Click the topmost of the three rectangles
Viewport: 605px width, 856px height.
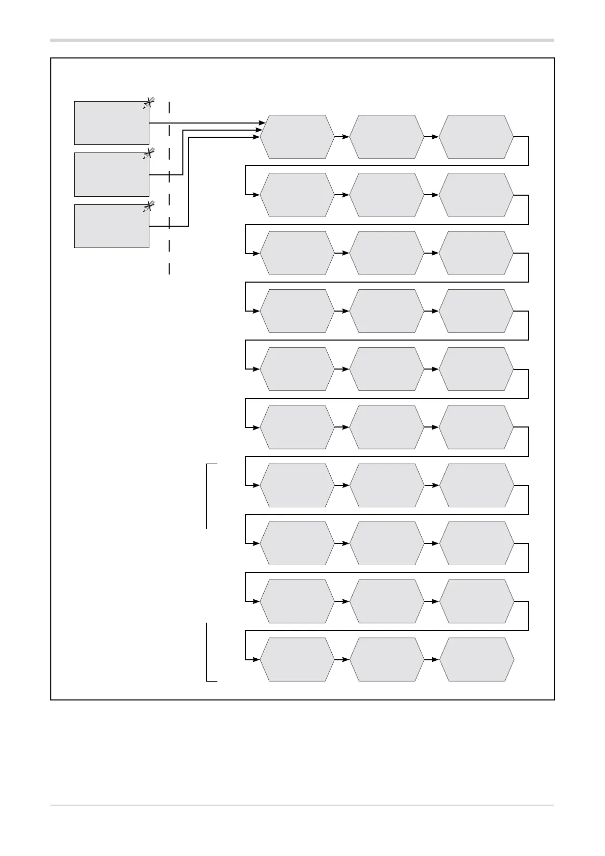(x=111, y=123)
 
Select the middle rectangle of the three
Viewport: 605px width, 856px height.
(x=111, y=174)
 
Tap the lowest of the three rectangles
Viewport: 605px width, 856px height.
(x=111, y=226)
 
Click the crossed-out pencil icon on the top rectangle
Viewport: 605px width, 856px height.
(x=148, y=103)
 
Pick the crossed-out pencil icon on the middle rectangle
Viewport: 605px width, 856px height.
(x=148, y=154)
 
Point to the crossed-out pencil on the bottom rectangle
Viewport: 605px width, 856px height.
(x=148, y=206)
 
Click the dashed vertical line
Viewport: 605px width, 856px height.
(x=169, y=188)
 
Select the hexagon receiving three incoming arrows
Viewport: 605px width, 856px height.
(x=297, y=137)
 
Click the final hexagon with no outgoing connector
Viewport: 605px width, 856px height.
(x=476, y=660)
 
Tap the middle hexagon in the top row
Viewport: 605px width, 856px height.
(x=387, y=137)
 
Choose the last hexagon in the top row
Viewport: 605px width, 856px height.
(x=476, y=137)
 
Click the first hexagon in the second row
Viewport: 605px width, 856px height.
(x=297, y=195)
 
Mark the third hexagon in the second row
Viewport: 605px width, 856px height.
(x=476, y=195)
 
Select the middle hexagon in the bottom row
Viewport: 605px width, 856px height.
(x=387, y=660)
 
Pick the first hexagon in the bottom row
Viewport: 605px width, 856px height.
(x=297, y=660)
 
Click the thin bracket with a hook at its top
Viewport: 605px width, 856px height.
(x=207, y=496)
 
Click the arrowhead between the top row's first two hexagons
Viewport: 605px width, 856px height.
(x=346, y=137)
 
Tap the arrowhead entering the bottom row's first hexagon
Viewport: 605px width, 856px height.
(x=257, y=660)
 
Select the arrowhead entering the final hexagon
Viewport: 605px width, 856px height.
(x=436, y=660)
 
